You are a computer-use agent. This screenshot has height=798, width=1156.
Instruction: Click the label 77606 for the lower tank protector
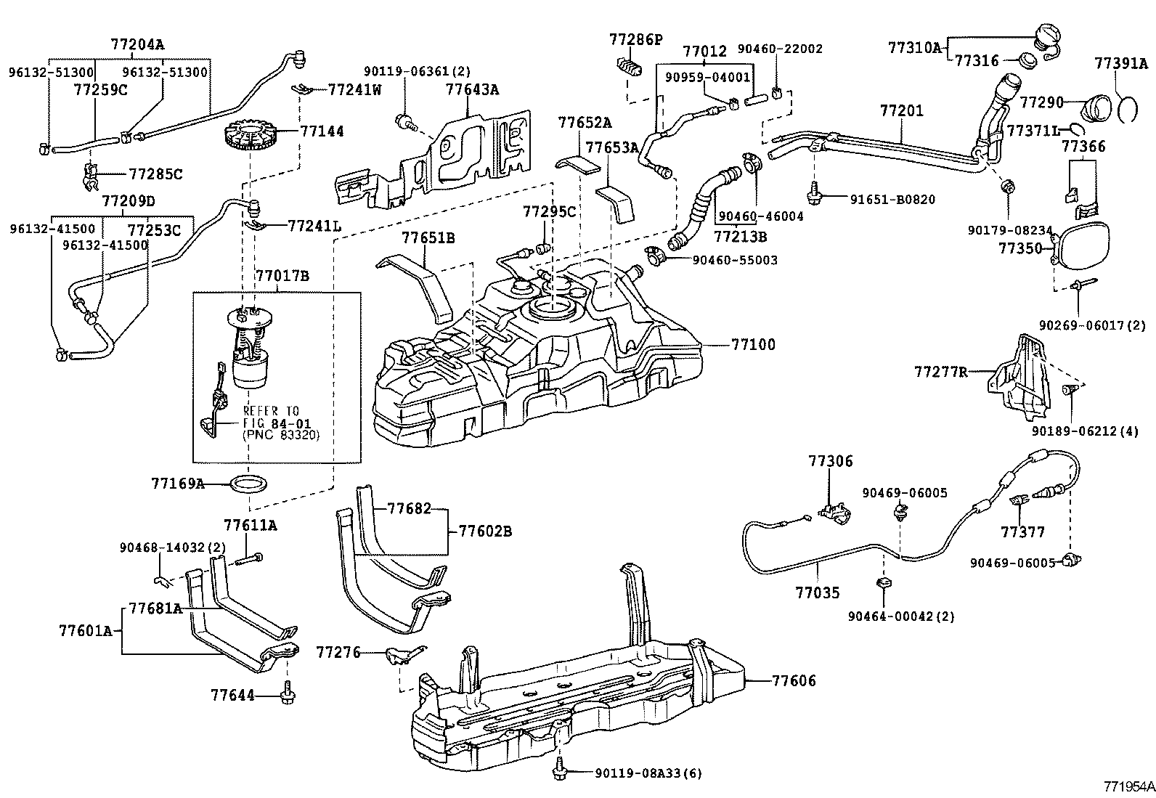[794, 681]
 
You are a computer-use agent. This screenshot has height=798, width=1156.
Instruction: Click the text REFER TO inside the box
[272, 411]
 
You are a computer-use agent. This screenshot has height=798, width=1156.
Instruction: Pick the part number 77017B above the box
[282, 277]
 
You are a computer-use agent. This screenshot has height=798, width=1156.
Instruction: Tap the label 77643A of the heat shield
[472, 90]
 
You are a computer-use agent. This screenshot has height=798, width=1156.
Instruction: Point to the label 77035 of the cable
[817, 593]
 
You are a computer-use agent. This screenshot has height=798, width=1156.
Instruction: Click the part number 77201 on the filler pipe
[902, 111]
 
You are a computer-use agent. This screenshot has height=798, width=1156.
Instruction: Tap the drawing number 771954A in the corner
[1128, 786]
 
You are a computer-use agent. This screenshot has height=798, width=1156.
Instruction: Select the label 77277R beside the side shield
[941, 372]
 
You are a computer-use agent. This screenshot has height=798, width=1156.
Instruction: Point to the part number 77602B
[484, 532]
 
